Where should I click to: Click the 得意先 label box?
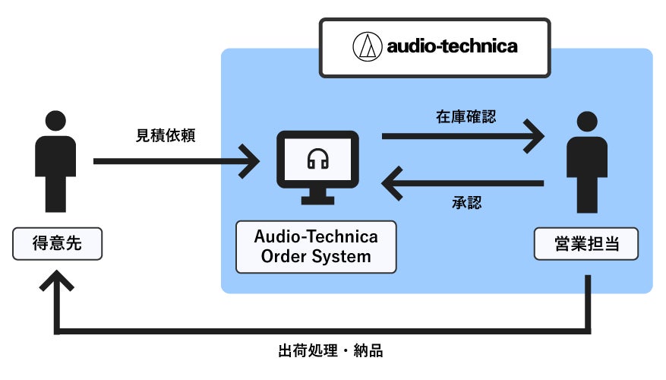[x=56, y=245]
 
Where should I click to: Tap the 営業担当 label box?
[x=586, y=245]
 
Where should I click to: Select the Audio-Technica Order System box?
[x=316, y=246]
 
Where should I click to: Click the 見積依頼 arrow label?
[x=166, y=136]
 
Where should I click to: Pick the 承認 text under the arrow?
[x=466, y=203]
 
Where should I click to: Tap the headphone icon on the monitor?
[x=317, y=159]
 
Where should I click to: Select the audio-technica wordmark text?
[x=453, y=47]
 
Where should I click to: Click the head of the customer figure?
[x=55, y=122]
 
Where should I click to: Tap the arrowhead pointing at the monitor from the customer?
[x=251, y=161]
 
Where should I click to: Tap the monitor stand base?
[x=317, y=200]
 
